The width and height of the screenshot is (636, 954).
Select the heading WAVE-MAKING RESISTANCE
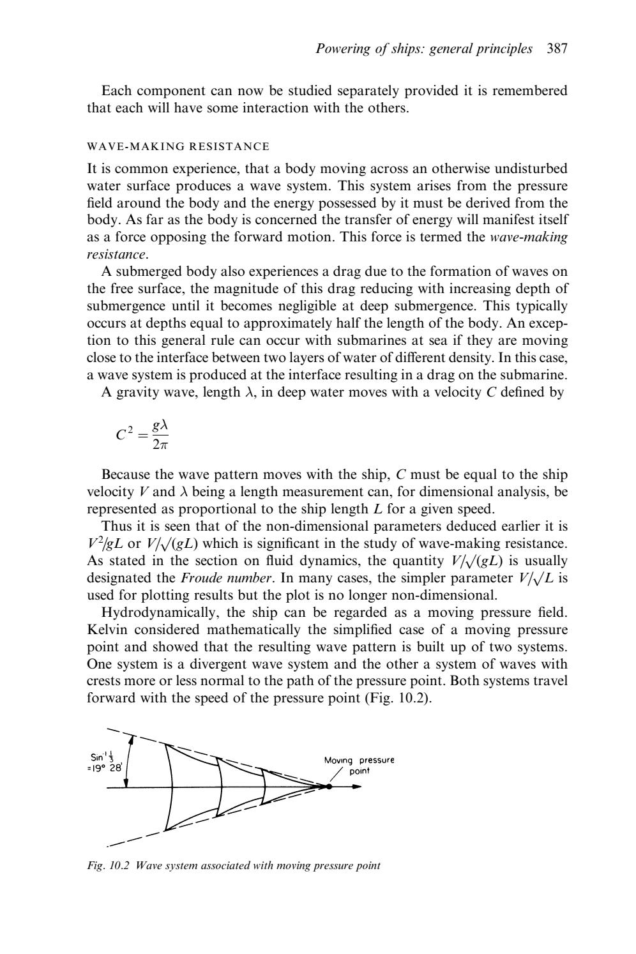pos(178,146)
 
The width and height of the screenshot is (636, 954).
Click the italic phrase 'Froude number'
pos(215,579)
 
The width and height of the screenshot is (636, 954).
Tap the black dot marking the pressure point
pos(329,787)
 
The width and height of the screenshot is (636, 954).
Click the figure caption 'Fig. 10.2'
pos(110,866)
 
